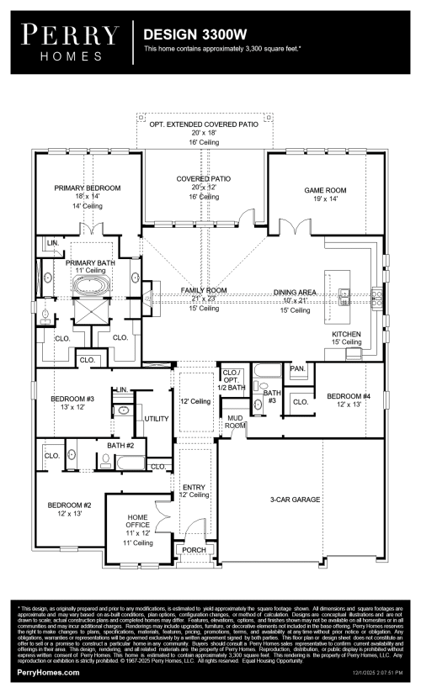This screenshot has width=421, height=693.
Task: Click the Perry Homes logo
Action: pyautogui.click(x=70, y=40)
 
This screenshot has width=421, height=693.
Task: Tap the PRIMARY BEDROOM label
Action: pyautogui.click(x=88, y=188)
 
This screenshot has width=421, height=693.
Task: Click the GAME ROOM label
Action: pyautogui.click(x=326, y=191)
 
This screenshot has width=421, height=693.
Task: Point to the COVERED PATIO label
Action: pyautogui.click(x=204, y=179)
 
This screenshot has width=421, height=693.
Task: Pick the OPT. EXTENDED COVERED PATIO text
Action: pyautogui.click(x=204, y=124)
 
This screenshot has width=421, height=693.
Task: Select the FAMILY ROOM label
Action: pyautogui.click(x=204, y=290)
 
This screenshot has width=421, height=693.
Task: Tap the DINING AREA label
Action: pyautogui.click(x=295, y=292)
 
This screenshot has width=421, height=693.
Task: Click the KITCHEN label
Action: pyautogui.click(x=346, y=334)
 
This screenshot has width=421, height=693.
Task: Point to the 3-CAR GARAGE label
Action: pyautogui.click(x=295, y=500)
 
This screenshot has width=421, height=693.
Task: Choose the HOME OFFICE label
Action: pyautogui.click(x=137, y=521)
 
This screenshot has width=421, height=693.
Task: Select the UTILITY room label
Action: pyautogui.click(x=157, y=418)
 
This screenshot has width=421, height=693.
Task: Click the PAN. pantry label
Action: pyautogui.click(x=297, y=368)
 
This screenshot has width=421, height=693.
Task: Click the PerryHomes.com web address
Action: pyautogui.click(x=48, y=675)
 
